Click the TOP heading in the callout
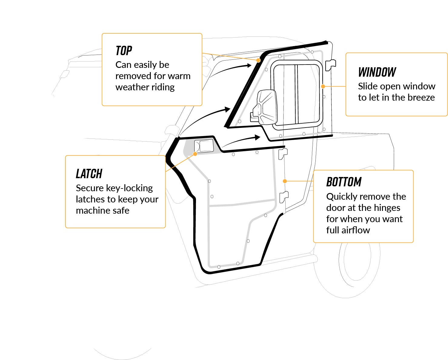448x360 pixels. pyautogui.click(x=124, y=51)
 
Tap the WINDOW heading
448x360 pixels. pyautogui.click(x=377, y=72)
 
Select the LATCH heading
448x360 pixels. pyautogui.click(x=89, y=174)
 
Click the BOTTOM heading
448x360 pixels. pyautogui.click(x=344, y=182)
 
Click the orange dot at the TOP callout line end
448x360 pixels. pyautogui.click(x=258, y=60)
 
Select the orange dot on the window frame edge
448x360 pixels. pyautogui.click(x=323, y=86)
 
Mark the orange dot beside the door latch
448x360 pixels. pyautogui.click(x=195, y=154)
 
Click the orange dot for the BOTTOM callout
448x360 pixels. pyautogui.click(x=285, y=181)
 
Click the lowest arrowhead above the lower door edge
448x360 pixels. pyautogui.click(x=257, y=138)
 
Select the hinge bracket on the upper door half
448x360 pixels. pyautogui.click(x=330, y=65)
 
